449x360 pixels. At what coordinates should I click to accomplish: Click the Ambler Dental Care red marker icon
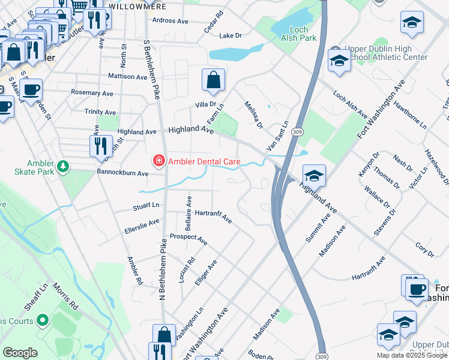158,160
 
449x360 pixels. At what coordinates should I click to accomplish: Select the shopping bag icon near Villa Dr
213,80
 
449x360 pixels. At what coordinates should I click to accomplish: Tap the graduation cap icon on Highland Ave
314,175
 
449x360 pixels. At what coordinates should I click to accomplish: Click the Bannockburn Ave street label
122,173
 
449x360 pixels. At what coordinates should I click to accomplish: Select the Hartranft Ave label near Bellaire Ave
214,216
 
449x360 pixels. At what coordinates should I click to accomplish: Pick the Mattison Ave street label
127,77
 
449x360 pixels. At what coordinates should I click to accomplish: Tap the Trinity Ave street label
100,112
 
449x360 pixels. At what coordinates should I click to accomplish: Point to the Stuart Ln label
146,206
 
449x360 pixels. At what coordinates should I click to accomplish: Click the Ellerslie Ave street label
142,225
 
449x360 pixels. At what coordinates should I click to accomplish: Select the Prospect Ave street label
188,239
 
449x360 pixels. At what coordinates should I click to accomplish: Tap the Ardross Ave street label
170,20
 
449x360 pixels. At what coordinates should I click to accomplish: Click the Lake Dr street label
231,35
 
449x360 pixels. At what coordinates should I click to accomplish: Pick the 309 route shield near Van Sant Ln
297,131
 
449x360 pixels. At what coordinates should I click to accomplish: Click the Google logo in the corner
20,353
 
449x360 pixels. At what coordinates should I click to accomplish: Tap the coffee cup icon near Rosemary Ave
31,89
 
